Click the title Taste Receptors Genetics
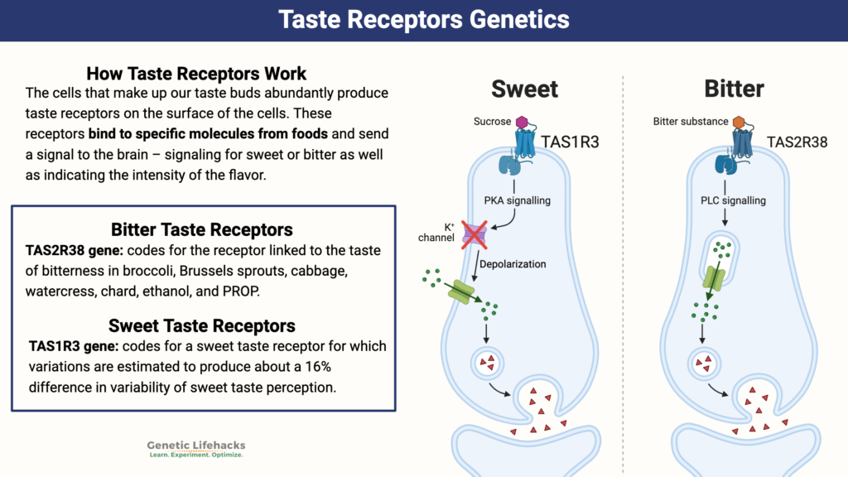pyautogui.click(x=423, y=20)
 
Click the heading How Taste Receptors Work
pyautogui.click(x=196, y=74)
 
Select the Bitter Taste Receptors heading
pyautogui.click(x=201, y=229)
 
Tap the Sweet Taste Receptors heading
pyautogui.click(x=201, y=325)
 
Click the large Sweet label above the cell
pyautogui.click(x=524, y=89)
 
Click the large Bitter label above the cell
pyautogui.click(x=734, y=89)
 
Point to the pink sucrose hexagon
pyautogui.click(x=523, y=122)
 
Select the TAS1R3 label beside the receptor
pyautogui.click(x=571, y=142)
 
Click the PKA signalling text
pyautogui.click(x=523, y=200)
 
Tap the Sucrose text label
pyautogui.click(x=493, y=122)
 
